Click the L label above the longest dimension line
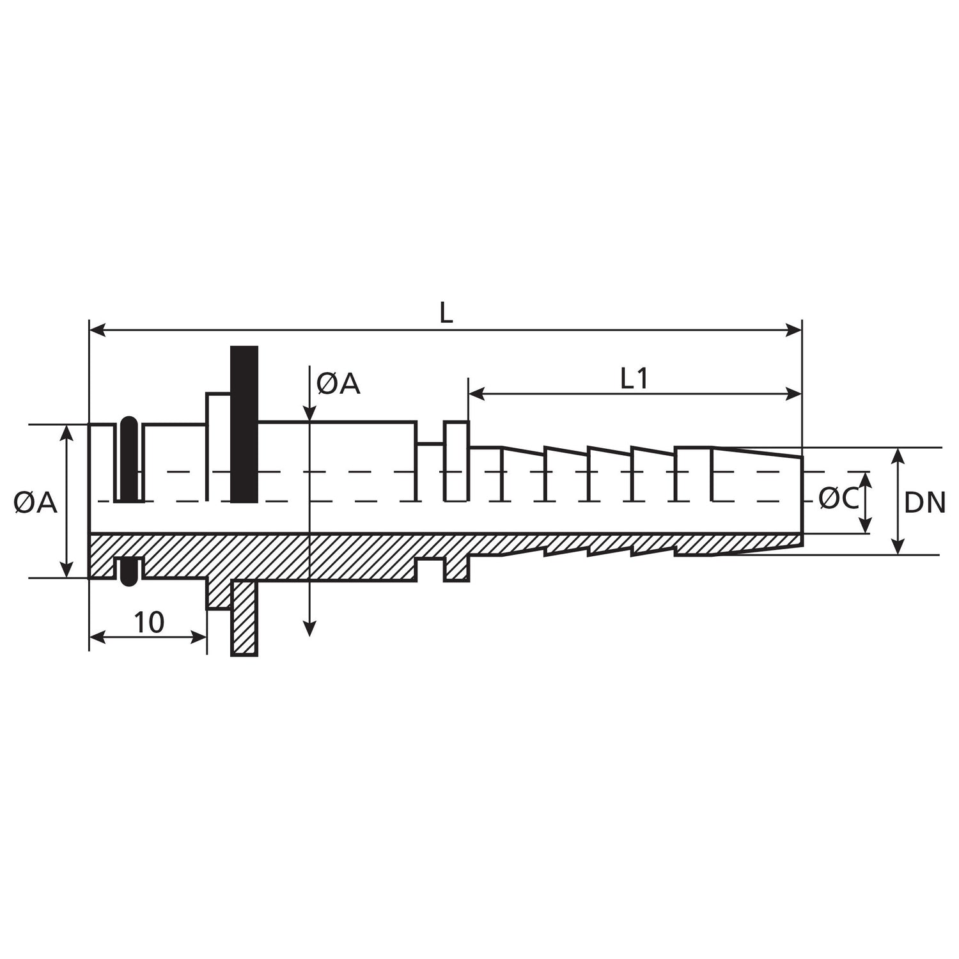(446, 313)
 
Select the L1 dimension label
(634, 379)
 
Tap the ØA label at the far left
(35, 503)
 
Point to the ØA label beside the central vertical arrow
(338, 384)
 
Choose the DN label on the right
(924, 504)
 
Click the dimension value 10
(149, 622)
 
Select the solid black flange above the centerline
(244, 424)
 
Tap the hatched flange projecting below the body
(244, 618)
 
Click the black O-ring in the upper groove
(129, 459)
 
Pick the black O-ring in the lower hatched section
(129, 571)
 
